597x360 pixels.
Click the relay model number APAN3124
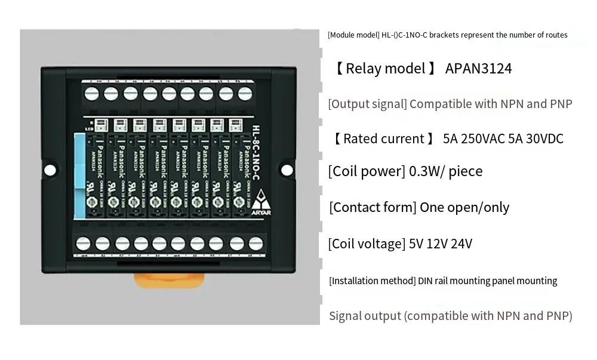[x=478, y=69]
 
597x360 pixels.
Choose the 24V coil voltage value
[x=461, y=244]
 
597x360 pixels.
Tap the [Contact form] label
[x=373, y=208]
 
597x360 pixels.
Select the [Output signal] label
[x=367, y=104]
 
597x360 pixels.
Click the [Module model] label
[x=353, y=35]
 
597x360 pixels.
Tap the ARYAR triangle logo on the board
[x=263, y=197]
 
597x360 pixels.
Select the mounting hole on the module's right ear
[x=287, y=170]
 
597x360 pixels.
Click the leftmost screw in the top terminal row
[x=92, y=94]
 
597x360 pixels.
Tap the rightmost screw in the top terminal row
[x=244, y=94]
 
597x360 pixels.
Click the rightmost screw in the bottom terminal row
[x=256, y=244]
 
